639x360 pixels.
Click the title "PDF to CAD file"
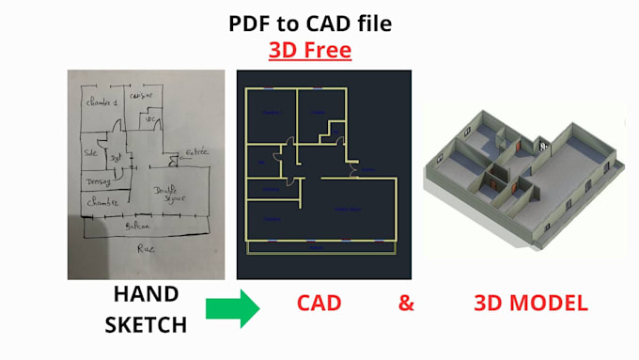pyautogui.click(x=309, y=23)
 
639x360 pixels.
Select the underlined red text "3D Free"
pyautogui.click(x=310, y=49)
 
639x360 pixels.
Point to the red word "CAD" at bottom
pyautogui.click(x=319, y=303)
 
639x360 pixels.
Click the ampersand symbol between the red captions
pyautogui.click(x=406, y=303)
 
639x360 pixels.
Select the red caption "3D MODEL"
pyautogui.click(x=530, y=303)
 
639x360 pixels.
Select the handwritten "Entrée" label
pyautogui.click(x=196, y=151)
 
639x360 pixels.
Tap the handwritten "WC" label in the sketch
pyautogui.click(x=148, y=120)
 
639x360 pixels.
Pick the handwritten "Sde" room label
pyautogui.click(x=92, y=152)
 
